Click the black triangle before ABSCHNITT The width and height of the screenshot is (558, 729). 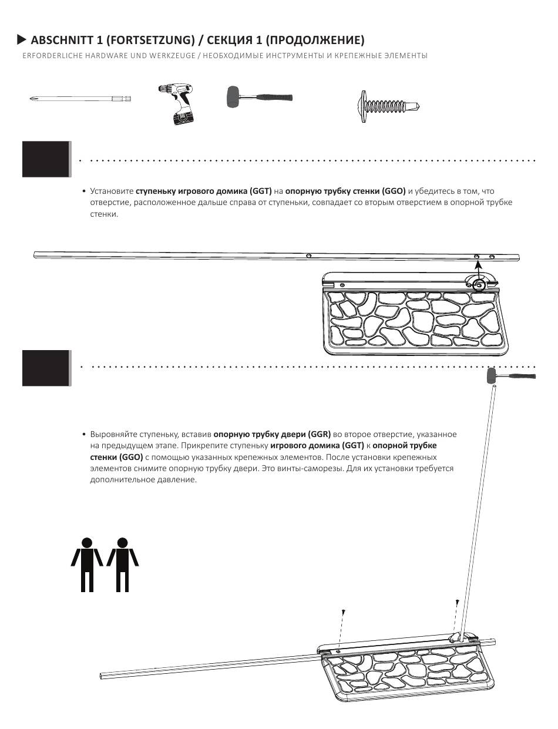[x=22, y=40]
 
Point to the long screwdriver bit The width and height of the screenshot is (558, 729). [x=80, y=99]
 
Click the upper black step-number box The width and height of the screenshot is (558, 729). [x=46, y=159]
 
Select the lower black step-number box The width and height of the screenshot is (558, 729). [x=46, y=368]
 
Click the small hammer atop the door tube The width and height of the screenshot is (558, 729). [x=510, y=377]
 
